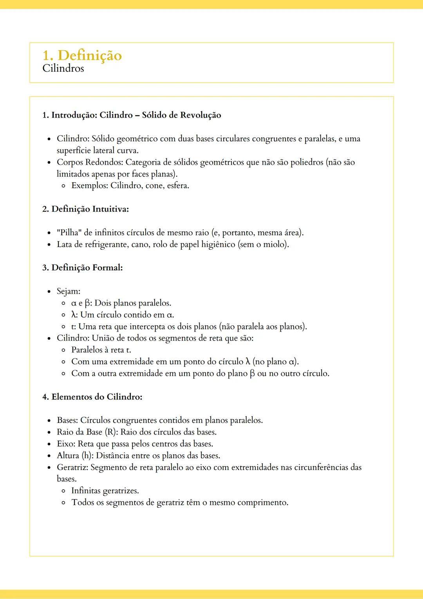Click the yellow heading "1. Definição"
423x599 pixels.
tap(82, 55)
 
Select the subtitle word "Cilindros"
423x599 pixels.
tap(63, 69)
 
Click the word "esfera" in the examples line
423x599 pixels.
tap(177, 186)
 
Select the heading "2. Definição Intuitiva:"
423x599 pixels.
tap(85, 209)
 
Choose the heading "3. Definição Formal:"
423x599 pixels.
tap(82, 268)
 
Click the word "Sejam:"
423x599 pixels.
tap(69, 291)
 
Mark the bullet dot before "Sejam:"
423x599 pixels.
tap(49, 292)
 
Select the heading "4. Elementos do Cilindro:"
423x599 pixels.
tap(92, 397)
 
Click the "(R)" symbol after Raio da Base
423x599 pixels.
tap(111, 432)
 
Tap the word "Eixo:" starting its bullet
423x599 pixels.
tap(66, 444)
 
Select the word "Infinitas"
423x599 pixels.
tap(86, 491)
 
